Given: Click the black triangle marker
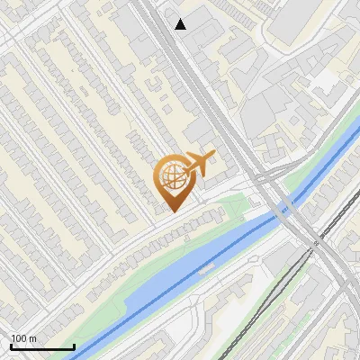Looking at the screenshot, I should coord(181,24).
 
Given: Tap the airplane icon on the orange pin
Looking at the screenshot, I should coord(198,163).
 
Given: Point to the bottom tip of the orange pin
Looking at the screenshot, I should coord(171,211).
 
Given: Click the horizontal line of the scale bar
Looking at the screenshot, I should coord(42,346).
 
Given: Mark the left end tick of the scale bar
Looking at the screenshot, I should coord(11,345).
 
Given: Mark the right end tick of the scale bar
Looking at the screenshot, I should coord(74,345).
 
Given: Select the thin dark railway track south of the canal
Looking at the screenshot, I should coord(270,297).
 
